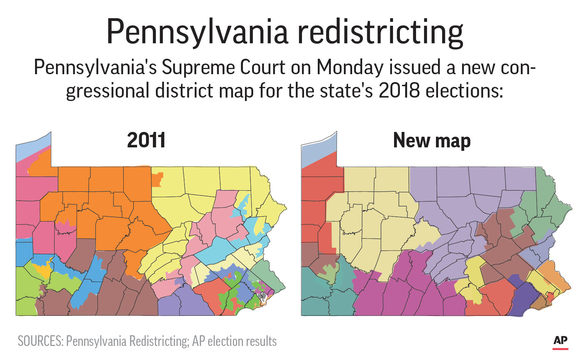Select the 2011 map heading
[146, 140]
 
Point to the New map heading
[431, 140]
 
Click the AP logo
[560, 340]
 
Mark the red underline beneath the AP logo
[560, 349]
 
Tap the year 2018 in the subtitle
[399, 90]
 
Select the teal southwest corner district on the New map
[323, 295]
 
